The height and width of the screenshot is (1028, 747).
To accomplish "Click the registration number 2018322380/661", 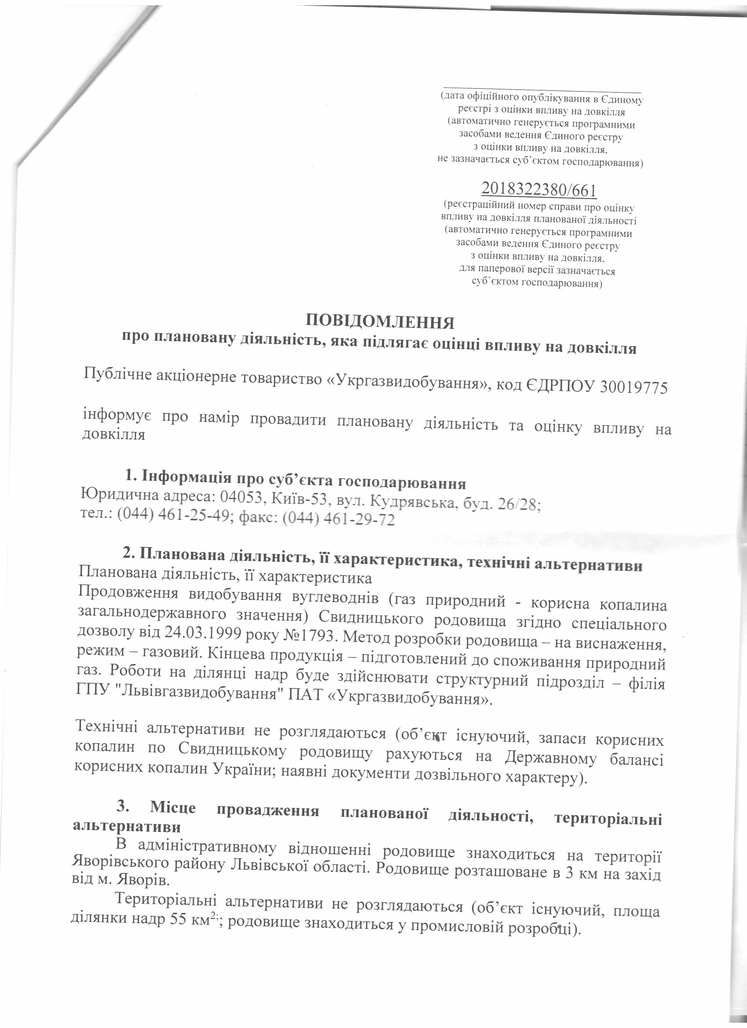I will pyautogui.click(x=539, y=189).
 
